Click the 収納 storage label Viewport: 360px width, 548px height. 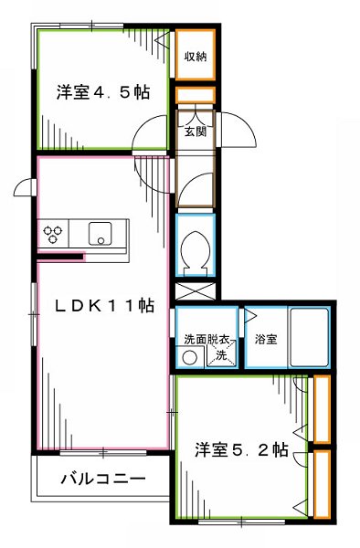click(x=196, y=56)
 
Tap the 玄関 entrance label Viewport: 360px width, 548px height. click(x=196, y=132)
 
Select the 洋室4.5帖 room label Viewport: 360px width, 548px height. click(x=102, y=92)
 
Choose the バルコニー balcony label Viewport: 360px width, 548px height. click(x=102, y=478)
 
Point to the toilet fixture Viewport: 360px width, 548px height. click(x=195, y=249)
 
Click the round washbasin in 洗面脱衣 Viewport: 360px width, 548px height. click(x=188, y=357)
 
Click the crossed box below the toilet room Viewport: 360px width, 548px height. click(x=195, y=293)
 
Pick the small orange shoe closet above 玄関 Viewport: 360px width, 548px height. click(x=195, y=95)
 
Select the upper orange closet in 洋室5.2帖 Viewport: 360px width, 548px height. click(x=321, y=408)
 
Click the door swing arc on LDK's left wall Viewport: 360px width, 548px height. click(x=26, y=189)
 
